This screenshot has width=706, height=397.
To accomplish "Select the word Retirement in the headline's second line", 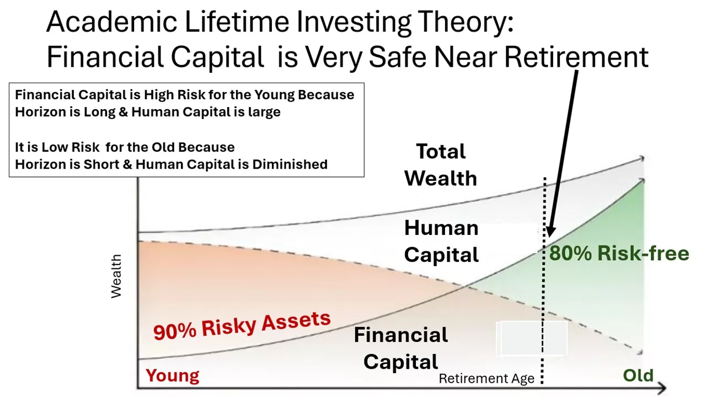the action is pyautogui.click(x=576, y=57).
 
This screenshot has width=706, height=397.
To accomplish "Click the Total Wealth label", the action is pyautogui.click(x=441, y=165).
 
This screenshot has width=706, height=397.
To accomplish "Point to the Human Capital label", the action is pyautogui.click(x=441, y=241).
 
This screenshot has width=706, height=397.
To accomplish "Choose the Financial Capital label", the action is pyautogui.click(x=400, y=348).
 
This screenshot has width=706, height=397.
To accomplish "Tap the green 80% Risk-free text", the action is pyautogui.click(x=619, y=253).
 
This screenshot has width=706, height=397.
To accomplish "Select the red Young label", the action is pyautogui.click(x=173, y=375).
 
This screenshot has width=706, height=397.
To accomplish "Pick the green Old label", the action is pyautogui.click(x=638, y=375).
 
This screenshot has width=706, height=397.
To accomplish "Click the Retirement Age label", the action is pyautogui.click(x=486, y=378).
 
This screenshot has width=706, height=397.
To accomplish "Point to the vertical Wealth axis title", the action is pyautogui.click(x=116, y=276).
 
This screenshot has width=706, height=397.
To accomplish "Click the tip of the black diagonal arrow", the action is pyautogui.click(x=549, y=237).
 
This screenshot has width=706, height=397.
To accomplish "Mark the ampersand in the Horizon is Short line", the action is pyautogui.click(x=127, y=164).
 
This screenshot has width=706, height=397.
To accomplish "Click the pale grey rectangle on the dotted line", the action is pyautogui.click(x=532, y=339).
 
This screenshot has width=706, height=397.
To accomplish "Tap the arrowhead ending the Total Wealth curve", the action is pyautogui.click(x=641, y=158).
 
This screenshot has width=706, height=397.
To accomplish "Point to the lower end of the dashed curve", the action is pyautogui.click(x=641, y=353).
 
